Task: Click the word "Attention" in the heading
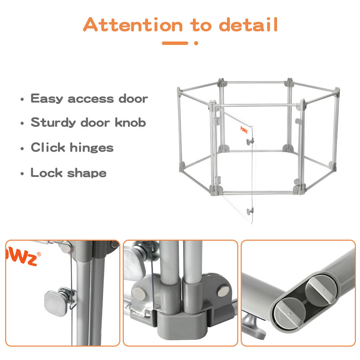(133, 24)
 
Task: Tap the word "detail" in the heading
(249, 24)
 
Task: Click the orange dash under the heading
(175, 43)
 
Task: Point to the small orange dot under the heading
(196, 43)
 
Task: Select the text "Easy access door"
(89, 99)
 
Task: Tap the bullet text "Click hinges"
(72, 147)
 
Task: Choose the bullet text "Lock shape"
(69, 173)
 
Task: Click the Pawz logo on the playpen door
(244, 130)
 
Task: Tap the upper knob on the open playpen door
(250, 141)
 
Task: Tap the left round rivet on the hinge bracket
(139, 293)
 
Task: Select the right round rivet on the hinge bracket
(223, 291)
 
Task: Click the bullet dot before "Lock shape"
(22, 173)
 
